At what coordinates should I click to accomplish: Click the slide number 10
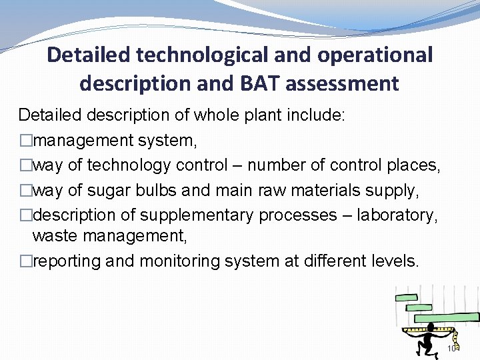pyautogui.click(x=451, y=349)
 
